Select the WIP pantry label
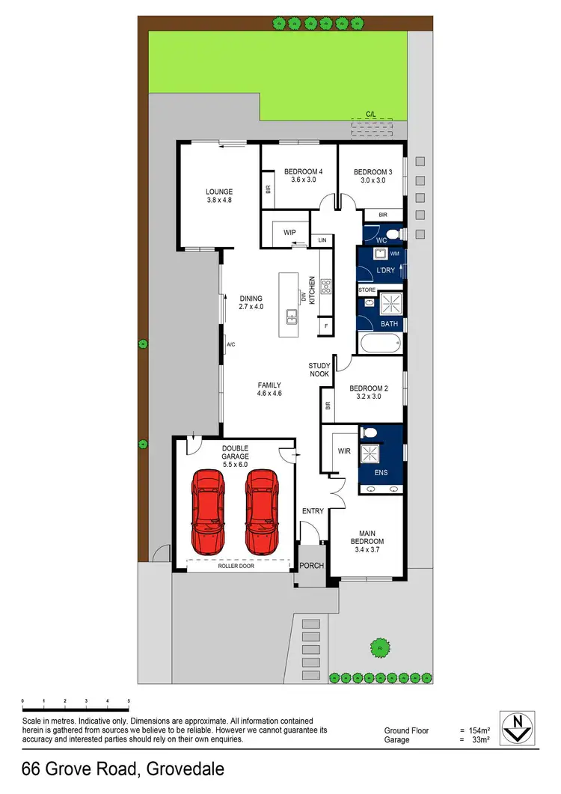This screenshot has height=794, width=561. [290, 233]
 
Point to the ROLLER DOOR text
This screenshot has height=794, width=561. [236, 567]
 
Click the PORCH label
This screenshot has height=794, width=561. [313, 566]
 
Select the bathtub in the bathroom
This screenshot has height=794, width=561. [381, 344]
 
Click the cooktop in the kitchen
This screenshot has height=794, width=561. [326, 285]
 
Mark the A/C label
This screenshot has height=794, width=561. [231, 344]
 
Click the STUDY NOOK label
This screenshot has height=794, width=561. [319, 370]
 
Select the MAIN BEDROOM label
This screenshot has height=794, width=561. [367, 537]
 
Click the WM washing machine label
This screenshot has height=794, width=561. [395, 254]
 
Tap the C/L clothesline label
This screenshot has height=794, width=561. [370, 114]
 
